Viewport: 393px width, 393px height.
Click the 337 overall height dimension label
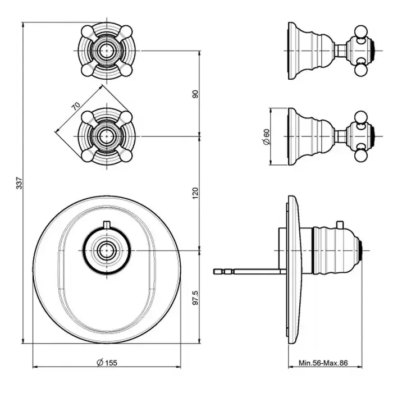(20, 183)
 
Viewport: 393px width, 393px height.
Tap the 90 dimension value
(195, 94)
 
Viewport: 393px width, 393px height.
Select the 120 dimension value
(195, 193)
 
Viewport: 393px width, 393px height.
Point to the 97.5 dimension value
(195, 298)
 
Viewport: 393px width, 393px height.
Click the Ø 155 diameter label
(107, 363)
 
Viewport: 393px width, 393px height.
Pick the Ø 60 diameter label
(267, 136)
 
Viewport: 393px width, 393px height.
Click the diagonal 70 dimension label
(76, 106)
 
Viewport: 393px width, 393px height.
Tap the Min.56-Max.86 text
(323, 363)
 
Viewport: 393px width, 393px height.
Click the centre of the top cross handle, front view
(107, 51)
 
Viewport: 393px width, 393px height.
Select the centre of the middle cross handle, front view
(107, 136)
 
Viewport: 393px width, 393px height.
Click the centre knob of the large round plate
(107, 250)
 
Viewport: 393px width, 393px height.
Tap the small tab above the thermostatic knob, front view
(107, 225)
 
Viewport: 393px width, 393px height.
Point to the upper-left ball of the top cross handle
(87, 31)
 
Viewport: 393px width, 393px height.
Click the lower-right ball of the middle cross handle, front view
(126, 156)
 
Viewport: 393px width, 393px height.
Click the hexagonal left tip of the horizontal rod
(217, 271)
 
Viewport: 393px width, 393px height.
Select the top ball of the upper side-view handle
(360, 31)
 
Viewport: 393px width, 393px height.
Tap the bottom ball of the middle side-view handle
(360, 156)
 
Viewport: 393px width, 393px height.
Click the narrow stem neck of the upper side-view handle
(341, 51)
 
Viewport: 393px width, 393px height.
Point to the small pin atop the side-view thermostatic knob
(340, 225)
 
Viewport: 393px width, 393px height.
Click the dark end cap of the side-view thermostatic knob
(360, 250)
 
